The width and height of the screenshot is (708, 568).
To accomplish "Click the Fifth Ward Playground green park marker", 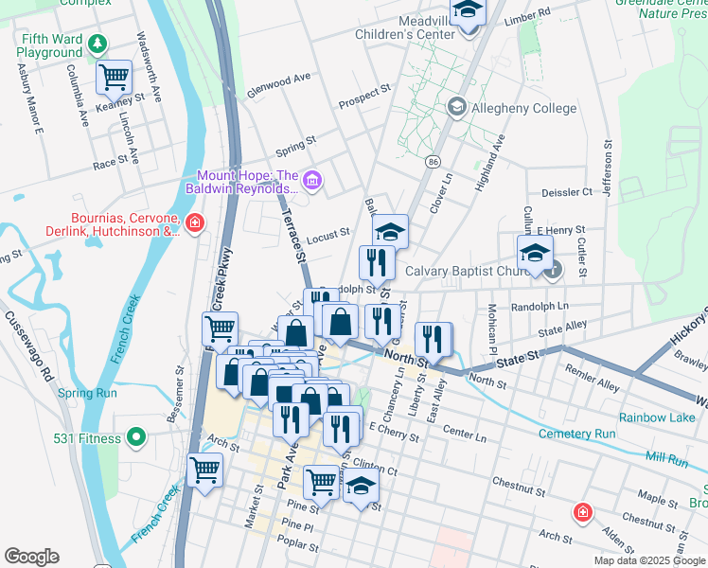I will coord(97,44).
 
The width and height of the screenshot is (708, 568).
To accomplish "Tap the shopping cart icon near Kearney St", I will coord(114,76).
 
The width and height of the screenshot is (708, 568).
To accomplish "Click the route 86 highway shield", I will coord(433,163).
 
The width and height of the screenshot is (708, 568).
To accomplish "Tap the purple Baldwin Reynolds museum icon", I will coord(314,178).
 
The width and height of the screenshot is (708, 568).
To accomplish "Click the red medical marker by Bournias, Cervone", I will coord(195,224).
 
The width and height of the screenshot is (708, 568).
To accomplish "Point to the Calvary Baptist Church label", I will coord(469,271).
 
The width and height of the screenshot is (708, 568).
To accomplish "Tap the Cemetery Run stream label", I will coord(577,435).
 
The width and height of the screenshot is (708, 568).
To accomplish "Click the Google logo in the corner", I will coord(31,557).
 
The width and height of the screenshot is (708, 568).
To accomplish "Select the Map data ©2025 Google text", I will coord(649,560).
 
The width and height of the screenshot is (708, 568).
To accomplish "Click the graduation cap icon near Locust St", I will coord(390,230).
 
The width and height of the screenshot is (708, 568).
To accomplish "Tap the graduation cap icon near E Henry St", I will coord(534,254).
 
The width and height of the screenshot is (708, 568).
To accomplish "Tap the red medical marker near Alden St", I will coord(584,512).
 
